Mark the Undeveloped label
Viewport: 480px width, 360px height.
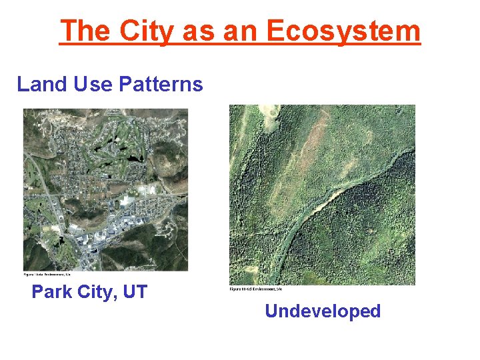[323, 311]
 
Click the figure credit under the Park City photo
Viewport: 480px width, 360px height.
[51, 274]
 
